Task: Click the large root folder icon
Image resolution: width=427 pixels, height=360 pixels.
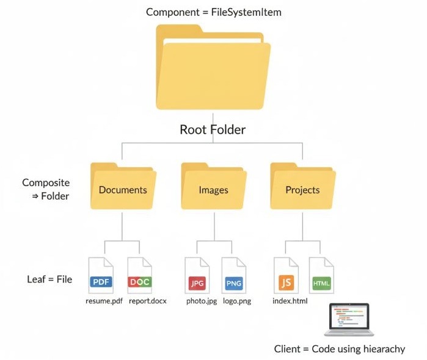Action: (213, 67)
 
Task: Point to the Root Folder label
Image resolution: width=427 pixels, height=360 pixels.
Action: (213, 129)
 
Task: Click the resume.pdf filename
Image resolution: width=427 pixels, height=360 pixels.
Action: (104, 301)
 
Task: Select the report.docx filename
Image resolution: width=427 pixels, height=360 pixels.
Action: (148, 301)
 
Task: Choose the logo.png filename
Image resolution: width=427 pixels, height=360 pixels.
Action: (236, 301)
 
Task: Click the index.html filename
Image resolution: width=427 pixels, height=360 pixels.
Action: (291, 301)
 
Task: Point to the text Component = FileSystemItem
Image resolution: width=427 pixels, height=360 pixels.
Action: (213, 12)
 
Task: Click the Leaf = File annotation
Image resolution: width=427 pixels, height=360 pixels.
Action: (49, 279)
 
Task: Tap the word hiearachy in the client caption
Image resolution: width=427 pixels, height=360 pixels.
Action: (382, 349)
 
